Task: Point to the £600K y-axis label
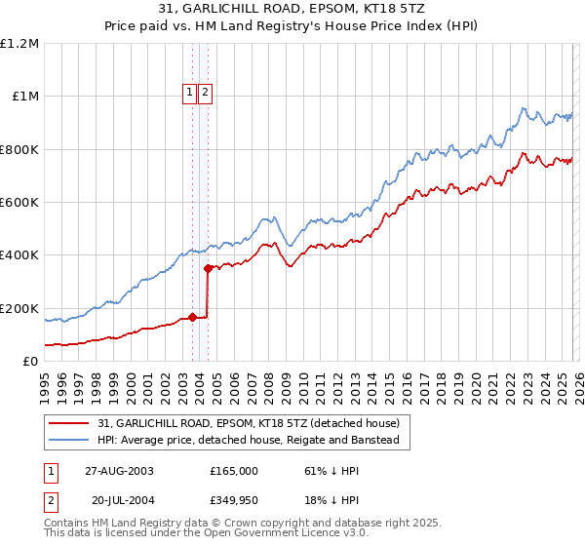click(x=19, y=203)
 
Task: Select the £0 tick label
click(x=31, y=361)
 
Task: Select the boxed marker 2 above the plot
click(x=206, y=94)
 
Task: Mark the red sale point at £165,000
click(x=192, y=317)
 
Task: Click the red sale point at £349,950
click(x=208, y=268)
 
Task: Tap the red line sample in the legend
click(x=71, y=424)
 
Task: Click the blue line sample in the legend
click(x=71, y=441)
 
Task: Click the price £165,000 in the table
click(x=234, y=471)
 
